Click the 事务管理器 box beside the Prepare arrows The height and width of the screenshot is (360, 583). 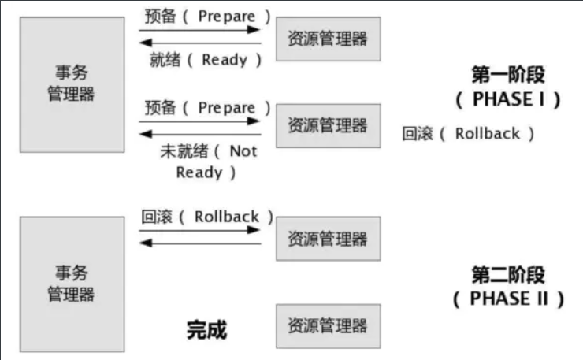point(72,84)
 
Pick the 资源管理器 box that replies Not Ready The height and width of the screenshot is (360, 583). point(328,125)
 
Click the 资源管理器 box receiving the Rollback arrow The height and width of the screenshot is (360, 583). point(328,238)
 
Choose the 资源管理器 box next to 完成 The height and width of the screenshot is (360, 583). point(328,325)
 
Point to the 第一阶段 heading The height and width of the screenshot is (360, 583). point(508,76)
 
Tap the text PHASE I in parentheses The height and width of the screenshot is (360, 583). point(508,100)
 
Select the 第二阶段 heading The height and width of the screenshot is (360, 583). point(508,275)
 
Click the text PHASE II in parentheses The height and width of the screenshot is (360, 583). point(508,299)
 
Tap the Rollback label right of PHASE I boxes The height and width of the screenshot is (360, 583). point(468,134)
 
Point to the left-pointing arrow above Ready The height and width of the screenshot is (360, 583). point(200,43)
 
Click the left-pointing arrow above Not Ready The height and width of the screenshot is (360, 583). point(200,134)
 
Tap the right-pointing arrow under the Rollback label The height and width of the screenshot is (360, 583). point(200,230)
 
